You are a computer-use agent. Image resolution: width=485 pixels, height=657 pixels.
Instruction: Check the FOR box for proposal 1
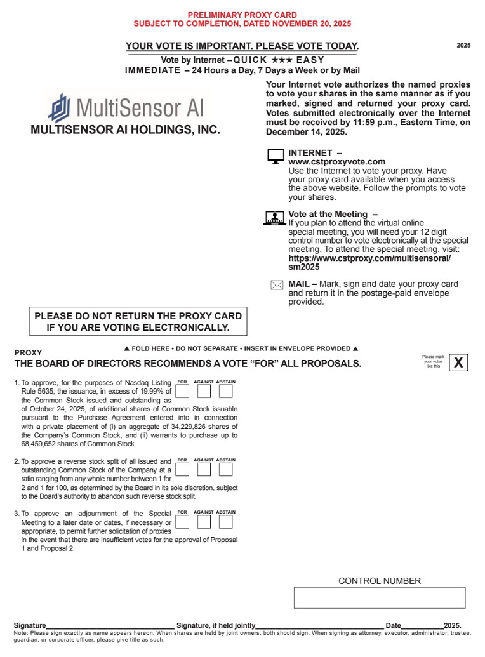(182, 391)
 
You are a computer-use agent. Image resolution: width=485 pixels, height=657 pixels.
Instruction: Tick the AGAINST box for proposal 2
(204, 469)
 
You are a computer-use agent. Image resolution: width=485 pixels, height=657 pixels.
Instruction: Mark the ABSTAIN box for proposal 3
(226, 521)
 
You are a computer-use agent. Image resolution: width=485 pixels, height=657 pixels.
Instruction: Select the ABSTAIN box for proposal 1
(226, 391)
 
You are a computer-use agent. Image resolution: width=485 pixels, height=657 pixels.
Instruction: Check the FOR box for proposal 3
(182, 521)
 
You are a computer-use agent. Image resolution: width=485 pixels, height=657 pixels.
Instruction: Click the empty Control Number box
(379, 598)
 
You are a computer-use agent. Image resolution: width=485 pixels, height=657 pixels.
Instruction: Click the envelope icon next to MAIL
(277, 286)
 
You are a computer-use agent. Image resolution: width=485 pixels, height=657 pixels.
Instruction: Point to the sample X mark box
(459, 362)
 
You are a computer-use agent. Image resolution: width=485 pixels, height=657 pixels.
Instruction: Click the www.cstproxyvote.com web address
(336, 162)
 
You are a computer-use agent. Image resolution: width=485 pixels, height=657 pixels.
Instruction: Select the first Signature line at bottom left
(110, 625)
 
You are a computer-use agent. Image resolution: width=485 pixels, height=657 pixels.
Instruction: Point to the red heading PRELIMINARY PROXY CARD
(242, 15)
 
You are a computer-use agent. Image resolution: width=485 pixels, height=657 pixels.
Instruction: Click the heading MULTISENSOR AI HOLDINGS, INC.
(126, 130)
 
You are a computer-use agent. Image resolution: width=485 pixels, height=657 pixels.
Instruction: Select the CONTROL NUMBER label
(379, 581)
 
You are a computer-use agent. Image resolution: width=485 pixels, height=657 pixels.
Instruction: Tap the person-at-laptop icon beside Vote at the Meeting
(274, 218)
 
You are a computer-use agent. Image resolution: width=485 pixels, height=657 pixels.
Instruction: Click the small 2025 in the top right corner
(463, 46)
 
